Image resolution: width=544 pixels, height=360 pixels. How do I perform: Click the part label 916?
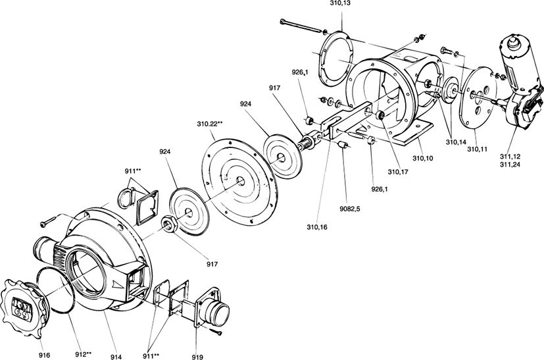(45, 355)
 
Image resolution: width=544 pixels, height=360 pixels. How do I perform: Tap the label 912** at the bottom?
(84, 355)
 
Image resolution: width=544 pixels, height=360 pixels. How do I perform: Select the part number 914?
(116, 357)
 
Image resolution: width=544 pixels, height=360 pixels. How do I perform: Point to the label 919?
(197, 357)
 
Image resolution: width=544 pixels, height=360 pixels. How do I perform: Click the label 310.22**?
(210, 124)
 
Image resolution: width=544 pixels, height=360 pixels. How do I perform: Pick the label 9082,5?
(349, 209)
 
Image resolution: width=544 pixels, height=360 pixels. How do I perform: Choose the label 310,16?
(317, 227)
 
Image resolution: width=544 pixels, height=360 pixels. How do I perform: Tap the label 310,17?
(398, 172)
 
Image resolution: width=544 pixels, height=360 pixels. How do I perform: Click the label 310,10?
(423, 159)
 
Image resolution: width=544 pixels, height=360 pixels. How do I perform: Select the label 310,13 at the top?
(340, 4)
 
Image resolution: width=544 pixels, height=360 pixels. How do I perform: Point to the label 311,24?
(510, 165)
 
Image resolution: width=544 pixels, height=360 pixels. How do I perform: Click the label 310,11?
(477, 149)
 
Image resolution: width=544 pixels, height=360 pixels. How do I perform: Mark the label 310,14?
(456, 142)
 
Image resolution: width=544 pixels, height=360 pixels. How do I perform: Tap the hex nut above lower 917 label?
(170, 224)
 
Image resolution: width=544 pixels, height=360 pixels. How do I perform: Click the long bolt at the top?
(301, 26)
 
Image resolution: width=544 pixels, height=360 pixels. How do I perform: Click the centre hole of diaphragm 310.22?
(239, 180)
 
